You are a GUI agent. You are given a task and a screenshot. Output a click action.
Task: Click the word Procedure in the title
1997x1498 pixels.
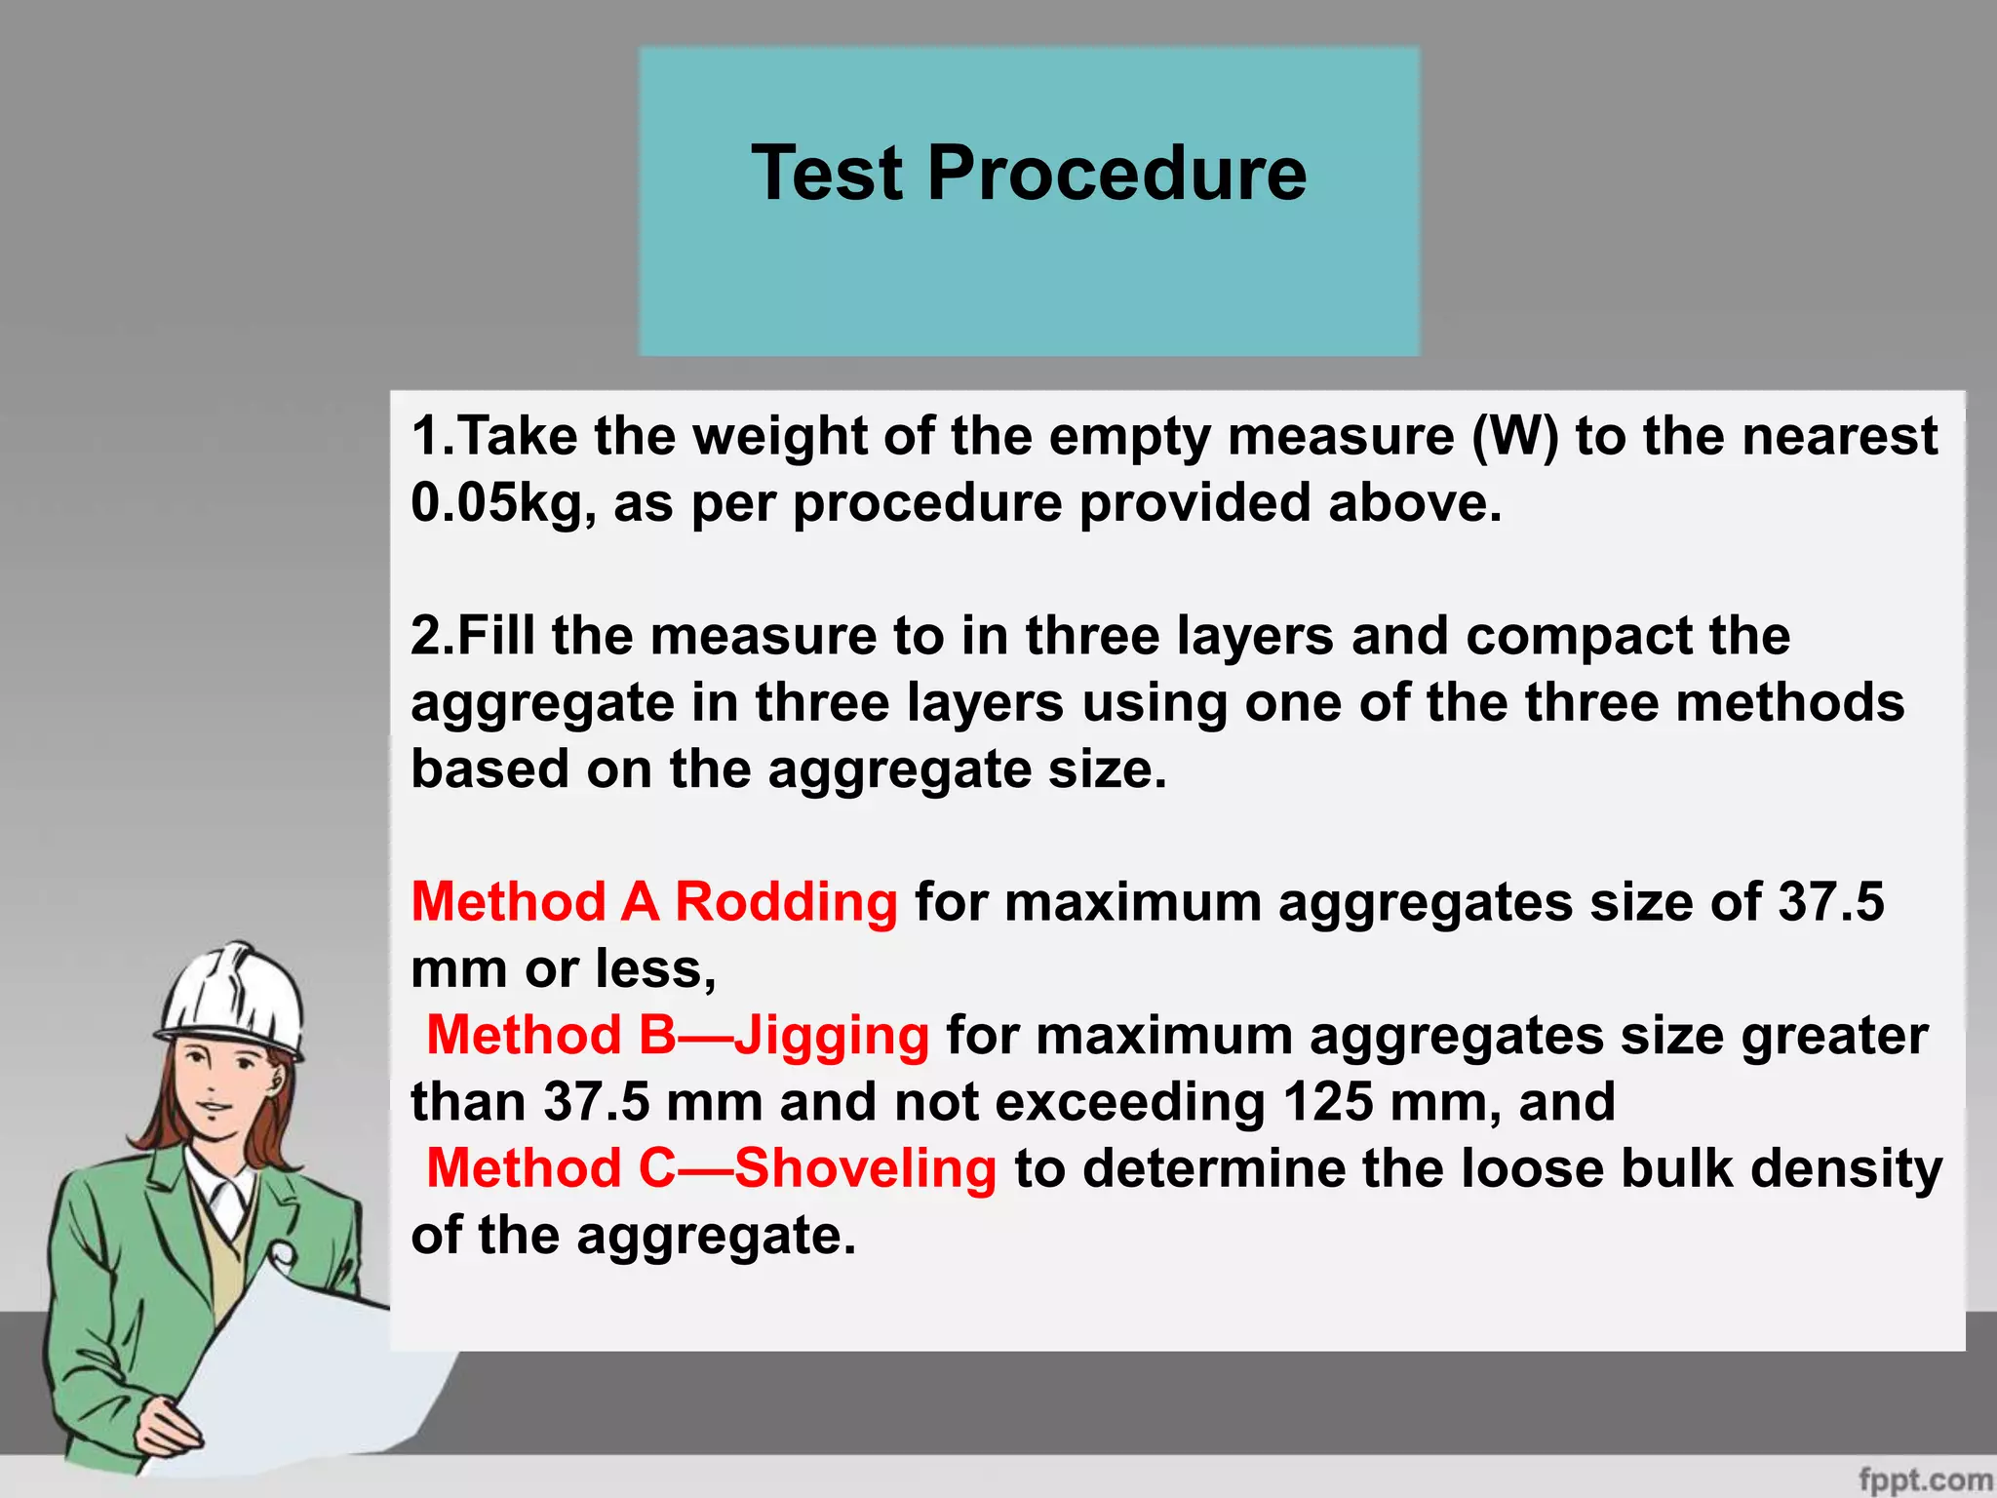[x=1116, y=173]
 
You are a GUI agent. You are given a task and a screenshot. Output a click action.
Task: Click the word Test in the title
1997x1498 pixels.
[x=827, y=173]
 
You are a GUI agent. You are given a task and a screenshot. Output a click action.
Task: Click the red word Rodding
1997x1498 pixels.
[x=786, y=901]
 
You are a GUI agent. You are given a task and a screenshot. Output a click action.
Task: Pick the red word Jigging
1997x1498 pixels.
[x=832, y=1035]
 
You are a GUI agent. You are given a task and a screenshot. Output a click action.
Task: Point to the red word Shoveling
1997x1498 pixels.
[x=865, y=1168]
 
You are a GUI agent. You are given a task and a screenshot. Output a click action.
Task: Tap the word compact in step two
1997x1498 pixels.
[x=1579, y=636]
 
